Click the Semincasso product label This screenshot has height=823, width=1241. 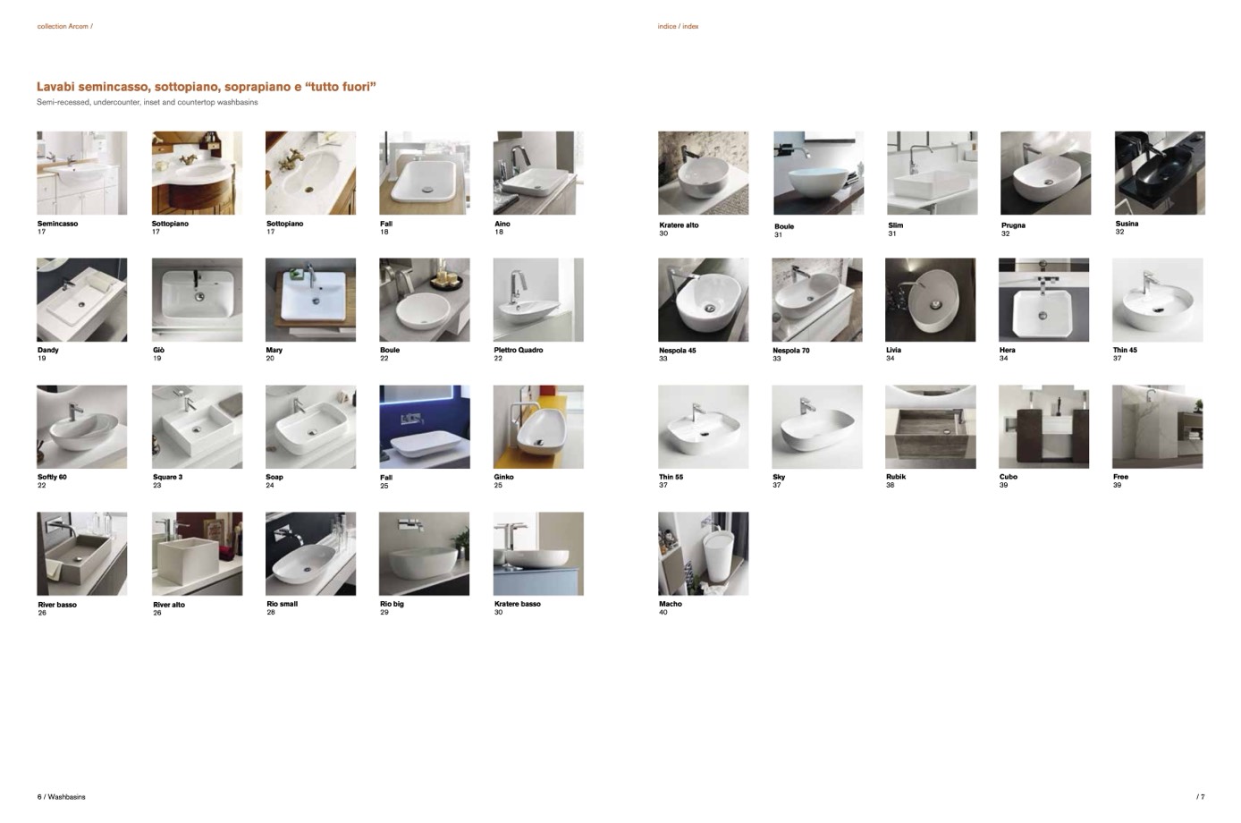(x=57, y=224)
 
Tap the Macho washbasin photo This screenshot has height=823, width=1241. (x=703, y=554)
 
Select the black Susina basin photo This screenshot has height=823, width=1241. (x=1160, y=173)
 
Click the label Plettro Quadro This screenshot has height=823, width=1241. (x=519, y=351)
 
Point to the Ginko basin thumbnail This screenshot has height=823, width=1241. (x=538, y=427)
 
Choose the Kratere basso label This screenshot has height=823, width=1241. (x=518, y=604)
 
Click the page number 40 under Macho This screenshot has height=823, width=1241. (x=663, y=613)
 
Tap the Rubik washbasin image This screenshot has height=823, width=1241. (x=931, y=427)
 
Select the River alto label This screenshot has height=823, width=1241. (x=169, y=605)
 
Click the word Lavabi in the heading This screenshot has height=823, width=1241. (x=55, y=87)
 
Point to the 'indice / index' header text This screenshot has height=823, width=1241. (x=678, y=26)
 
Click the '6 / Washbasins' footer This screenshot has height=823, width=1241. (x=62, y=797)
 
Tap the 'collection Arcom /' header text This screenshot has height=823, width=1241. (x=64, y=26)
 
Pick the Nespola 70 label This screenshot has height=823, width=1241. (x=791, y=351)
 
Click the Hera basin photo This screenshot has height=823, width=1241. (x=1043, y=300)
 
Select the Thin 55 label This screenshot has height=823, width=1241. (x=671, y=477)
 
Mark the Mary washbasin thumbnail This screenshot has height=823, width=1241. (x=311, y=300)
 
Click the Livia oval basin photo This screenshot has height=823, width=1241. (x=931, y=300)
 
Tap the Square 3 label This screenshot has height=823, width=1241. (x=168, y=477)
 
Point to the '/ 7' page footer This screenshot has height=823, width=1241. (x=1201, y=797)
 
